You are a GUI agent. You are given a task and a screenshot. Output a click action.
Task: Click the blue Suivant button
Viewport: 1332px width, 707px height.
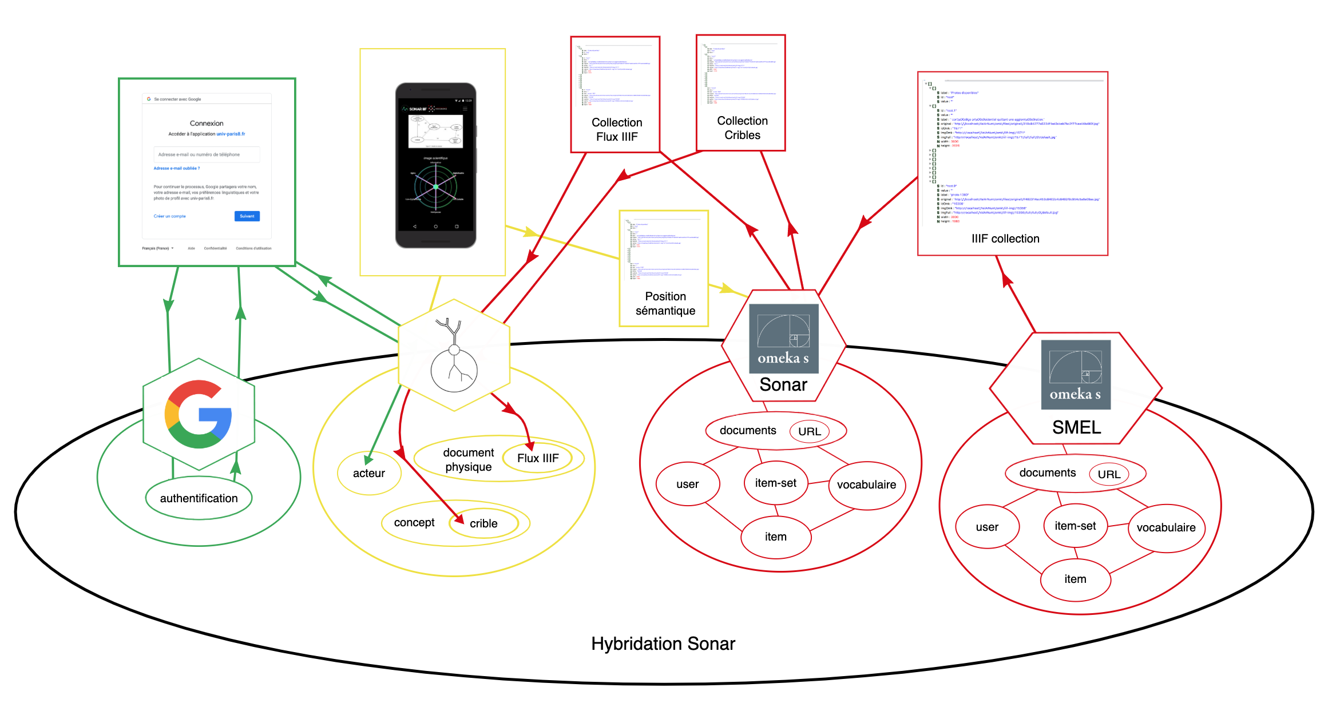point(247,216)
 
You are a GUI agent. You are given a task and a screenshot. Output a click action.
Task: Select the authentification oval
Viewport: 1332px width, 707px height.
point(199,498)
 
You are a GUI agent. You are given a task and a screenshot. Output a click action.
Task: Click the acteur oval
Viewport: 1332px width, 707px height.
point(369,473)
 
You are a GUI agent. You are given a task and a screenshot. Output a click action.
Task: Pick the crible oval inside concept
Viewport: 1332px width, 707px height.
point(483,523)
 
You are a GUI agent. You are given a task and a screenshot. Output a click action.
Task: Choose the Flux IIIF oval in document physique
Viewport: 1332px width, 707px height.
point(538,458)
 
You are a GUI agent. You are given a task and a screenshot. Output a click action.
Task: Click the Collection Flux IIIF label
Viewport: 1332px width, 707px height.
point(617,129)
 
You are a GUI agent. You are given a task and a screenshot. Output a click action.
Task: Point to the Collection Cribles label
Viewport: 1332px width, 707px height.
point(742,128)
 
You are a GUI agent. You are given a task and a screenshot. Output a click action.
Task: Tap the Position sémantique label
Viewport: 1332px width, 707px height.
point(665,303)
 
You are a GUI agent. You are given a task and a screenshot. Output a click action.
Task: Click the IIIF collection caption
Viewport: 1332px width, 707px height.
point(1005,239)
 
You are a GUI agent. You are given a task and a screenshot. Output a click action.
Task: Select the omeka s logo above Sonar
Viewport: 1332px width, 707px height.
point(783,338)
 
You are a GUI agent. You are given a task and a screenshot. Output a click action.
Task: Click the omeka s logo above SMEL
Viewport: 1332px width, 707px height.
point(1075,375)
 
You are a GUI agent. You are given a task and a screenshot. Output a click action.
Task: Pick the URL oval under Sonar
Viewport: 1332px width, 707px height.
point(809,431)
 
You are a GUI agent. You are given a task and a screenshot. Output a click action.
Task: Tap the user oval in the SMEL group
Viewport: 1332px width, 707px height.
point(987,527)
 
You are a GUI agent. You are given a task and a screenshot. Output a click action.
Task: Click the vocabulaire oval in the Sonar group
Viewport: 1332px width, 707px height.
point(866,484)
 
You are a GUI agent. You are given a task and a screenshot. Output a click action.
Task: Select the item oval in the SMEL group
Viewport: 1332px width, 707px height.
point(1075,579)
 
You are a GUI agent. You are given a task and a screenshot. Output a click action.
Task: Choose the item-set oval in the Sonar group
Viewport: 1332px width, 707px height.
point(775,483)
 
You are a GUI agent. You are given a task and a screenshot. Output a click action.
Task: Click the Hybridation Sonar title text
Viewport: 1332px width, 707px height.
point(663,644)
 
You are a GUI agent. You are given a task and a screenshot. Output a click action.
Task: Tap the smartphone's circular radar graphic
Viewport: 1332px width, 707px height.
point(435,186)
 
